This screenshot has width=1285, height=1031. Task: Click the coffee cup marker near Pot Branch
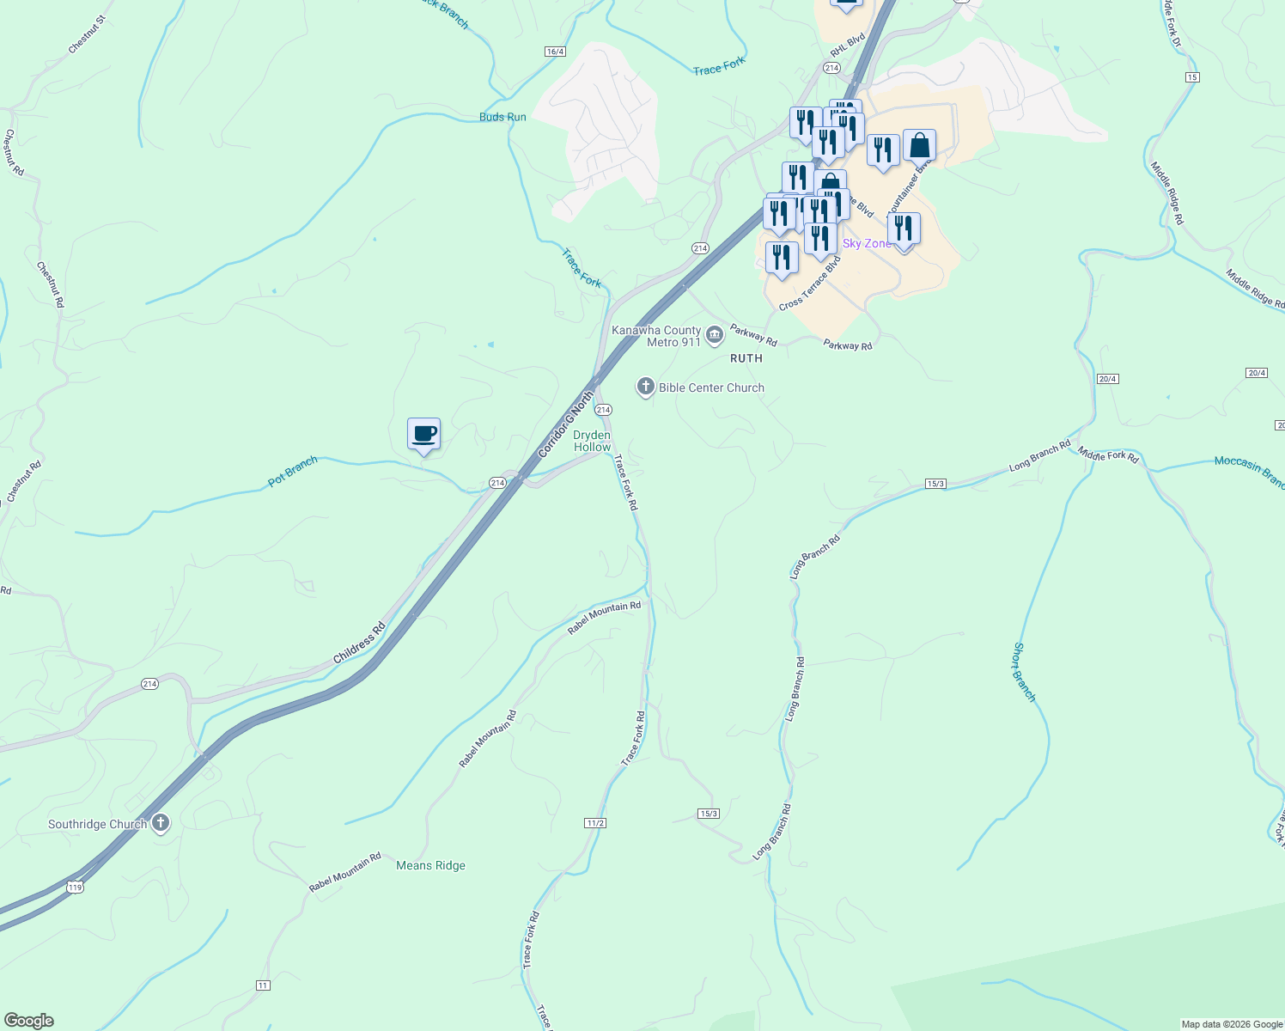pyautogui.click(x=423, y=435)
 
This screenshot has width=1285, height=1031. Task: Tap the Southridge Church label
pyautogui.click(x=98, y=824)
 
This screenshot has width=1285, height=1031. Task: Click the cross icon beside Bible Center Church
pyautogui.click(x=645, y=387)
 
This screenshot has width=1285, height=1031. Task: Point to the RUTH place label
pyautogui.click(x=746, y=358)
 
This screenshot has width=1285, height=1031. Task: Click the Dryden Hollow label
pyautogui.click(x=592, y=441)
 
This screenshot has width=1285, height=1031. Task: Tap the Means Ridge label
pyautogui.click(x=430, y=865)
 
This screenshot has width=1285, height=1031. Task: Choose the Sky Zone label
pyautogui.click(x=867, y=243)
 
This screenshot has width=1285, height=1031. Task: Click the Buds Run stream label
pyautogui.click(x=502, y=117)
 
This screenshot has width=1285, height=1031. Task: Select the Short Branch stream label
pyautogui.click(x=1025, y=672)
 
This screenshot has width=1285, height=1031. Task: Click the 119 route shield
pyautogui.click(x=76, y=887)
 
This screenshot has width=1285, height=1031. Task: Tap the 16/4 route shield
pyautogui.click(x=555, y=52)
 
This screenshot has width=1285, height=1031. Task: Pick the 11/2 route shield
pyautogui.click(x=595, y=823)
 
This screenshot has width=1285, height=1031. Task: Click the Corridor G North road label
pyautogui.click(x=565, y=424)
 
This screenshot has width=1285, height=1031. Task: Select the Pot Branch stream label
pyautogui.click(x=292, y=472)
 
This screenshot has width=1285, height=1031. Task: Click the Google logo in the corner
pyautogui.click(x=29, y=1021)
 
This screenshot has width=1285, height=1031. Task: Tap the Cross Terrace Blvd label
pyautogui.click(x=810, y=284)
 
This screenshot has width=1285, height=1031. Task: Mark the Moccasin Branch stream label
pyautogui.click(x=1249, y=472)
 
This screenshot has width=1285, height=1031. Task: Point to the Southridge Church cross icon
pyautogui.click(x=160, y=823)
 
